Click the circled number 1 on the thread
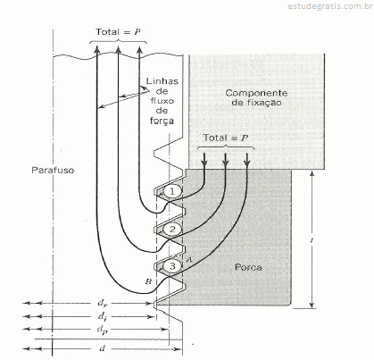(x=172, y=191)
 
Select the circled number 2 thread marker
(x=172, y=229)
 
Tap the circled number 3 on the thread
(x=172, y=266)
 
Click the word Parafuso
(x=53, y=171)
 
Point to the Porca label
(x=248, y=267)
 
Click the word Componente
(x=256, y=93)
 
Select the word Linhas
(x=162, y=81)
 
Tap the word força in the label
(x=162, y=121)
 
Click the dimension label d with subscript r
(x=102, y=304)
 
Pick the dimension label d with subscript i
(x=102, y=317)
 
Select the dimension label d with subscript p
(x=102, y=330)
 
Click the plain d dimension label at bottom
(x=102, y=348)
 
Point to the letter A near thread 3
(x=188, y=260)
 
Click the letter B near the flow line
(x=148, y=281)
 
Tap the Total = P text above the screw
(x=118, y=31)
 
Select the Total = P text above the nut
(x=226, y=138)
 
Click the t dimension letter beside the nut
(x=312, y=240)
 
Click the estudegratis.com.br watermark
(x=330, y=6)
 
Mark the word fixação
(x=256, y=103)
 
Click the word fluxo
(x=162, y=101)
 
